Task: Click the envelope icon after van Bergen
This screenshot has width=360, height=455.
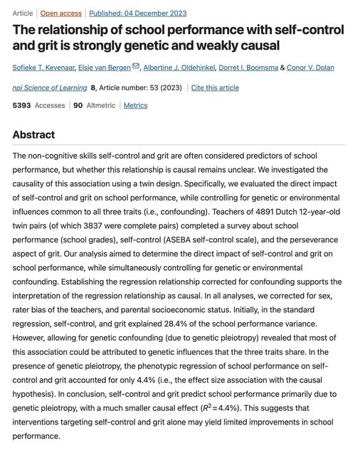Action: pyautogui.click(x=136, y=67)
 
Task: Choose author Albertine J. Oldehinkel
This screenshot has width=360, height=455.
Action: pyautogui.click(x=181, y=68)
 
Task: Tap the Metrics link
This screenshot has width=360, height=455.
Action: pyautogui.click(x=136, y=105)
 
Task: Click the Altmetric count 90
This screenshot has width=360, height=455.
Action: pyautogui.click(x=78, y=105)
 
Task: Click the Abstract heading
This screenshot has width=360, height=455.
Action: pyautogui.click(x=33, y=135)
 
